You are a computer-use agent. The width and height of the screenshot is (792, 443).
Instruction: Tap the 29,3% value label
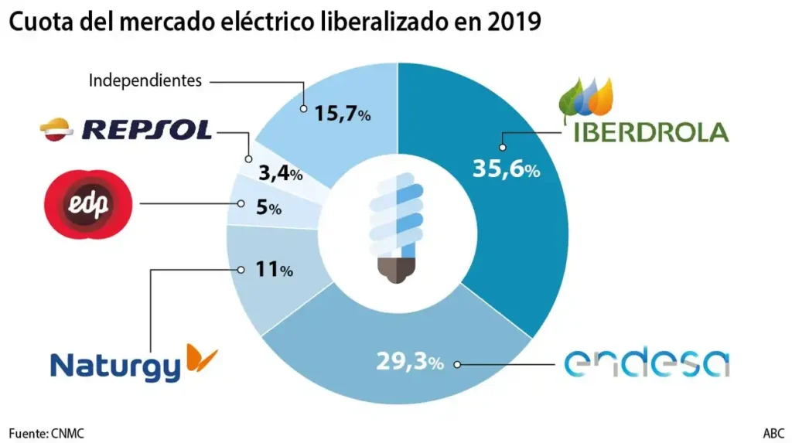click(x=410, y=361)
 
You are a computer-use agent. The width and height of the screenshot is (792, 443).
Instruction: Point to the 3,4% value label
click(x=279, y=173)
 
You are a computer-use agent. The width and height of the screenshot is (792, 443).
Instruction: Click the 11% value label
click(x=273, y=271)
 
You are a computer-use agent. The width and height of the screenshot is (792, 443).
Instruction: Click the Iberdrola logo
click(x=644, y=113)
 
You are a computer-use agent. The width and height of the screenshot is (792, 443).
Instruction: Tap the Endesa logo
click(x=647, y=363)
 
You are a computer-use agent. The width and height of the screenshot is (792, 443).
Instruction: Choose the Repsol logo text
click(x=146, y=129)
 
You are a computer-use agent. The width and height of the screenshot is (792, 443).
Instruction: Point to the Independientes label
click(x=145, y=80)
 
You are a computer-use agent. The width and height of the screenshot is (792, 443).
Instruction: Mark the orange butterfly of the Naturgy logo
click(x=202, y=358)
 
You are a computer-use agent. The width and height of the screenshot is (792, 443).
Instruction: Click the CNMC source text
click(x=68, y=433)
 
